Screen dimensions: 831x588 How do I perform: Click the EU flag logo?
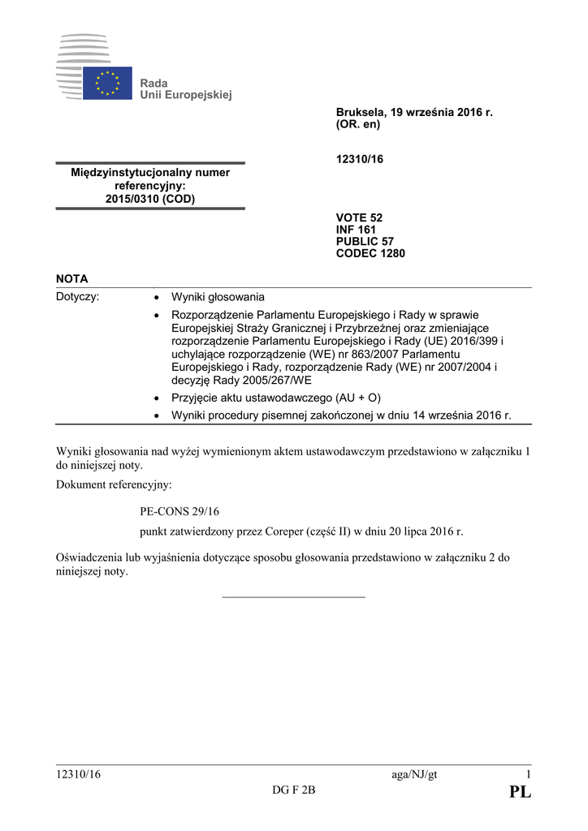tap(107, 83)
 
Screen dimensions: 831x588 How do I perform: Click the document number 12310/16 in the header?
tap(359, 159)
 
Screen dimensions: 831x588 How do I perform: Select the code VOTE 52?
tap(359, 217)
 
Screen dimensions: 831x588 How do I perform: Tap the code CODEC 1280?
tap(370, 253)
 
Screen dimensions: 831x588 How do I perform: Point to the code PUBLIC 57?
tap(365, 241)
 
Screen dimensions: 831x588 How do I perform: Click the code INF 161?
tap(356, 230)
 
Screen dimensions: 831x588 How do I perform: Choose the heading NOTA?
tap(71, 278)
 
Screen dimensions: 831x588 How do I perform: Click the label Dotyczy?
tap(77, 297)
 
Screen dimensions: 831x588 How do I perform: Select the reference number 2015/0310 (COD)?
tap(150, 198)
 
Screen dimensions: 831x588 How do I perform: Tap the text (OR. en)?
tap(358, 125)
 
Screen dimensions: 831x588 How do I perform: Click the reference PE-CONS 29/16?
tap(179, 511)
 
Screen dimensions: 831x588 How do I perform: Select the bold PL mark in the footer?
tap(520, 793)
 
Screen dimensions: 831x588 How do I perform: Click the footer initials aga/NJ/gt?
tap(414, 774)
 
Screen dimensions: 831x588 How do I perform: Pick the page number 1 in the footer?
tap(527, 774)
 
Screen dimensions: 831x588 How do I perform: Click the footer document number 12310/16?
tap(79, 774)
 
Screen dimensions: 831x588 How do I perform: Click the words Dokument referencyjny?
tap(114, 485)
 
